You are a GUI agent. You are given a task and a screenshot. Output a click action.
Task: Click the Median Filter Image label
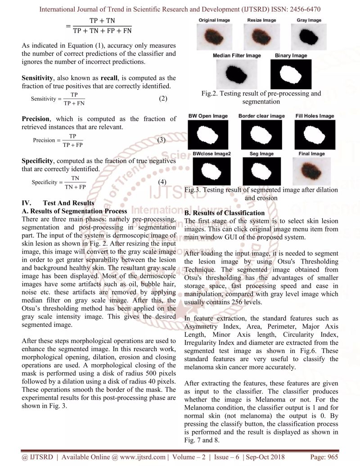coord(237,55)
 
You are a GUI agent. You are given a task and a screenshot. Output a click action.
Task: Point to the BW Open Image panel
coord(208,134)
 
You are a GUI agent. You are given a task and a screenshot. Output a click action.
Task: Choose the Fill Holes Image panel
coord(315,134)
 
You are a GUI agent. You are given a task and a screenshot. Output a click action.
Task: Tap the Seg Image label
coord(261,154)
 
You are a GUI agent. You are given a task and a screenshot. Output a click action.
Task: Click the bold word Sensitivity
coord(38,78)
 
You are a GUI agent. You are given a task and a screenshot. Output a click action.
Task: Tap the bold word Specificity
coord(37,161)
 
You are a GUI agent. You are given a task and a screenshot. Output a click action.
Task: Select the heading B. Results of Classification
coord(225,213)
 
